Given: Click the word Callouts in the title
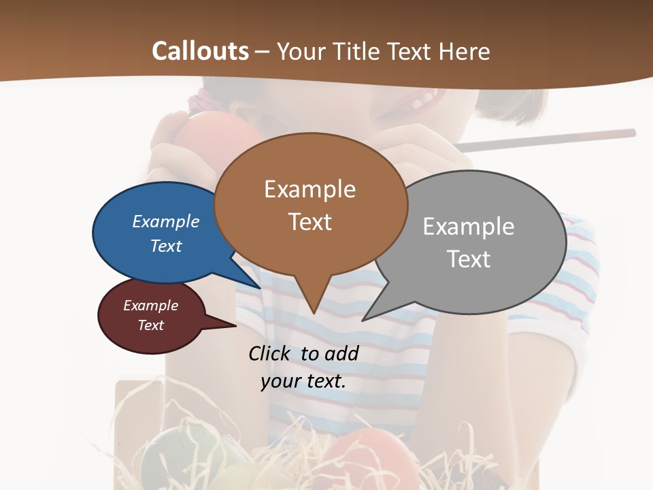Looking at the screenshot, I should pos(200,51).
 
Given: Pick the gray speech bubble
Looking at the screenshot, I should pos(490,286).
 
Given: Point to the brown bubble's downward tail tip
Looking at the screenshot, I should pos(314,313).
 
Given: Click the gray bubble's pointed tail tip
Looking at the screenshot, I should pos(363,320).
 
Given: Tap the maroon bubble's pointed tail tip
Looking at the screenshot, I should pos(235,325).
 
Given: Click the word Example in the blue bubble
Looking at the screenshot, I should pos(165,221).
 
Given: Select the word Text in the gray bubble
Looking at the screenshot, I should pos(469,259).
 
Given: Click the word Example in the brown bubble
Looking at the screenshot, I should pos(309,189).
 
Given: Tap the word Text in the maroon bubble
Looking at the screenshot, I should pos(150,325).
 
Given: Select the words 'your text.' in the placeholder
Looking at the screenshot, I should pos(303,381).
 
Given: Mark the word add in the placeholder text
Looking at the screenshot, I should pos(341,353).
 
